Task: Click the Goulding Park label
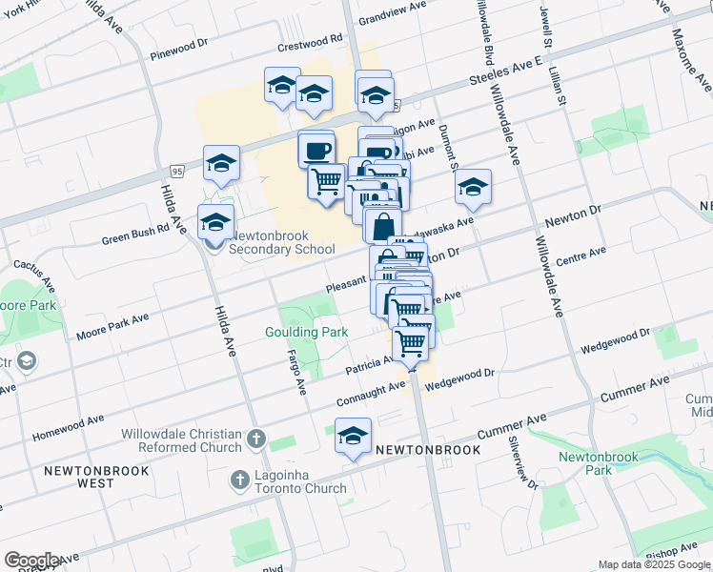[x=306, y=332]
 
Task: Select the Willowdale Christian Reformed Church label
[x=181, y=440]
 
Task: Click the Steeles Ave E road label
[x=505, y=73]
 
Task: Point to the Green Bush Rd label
[x=135, y=235]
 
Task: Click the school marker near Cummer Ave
[x=353, y=437]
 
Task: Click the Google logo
[x=31, y=560]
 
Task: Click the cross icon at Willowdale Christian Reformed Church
[x=254, y=439]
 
